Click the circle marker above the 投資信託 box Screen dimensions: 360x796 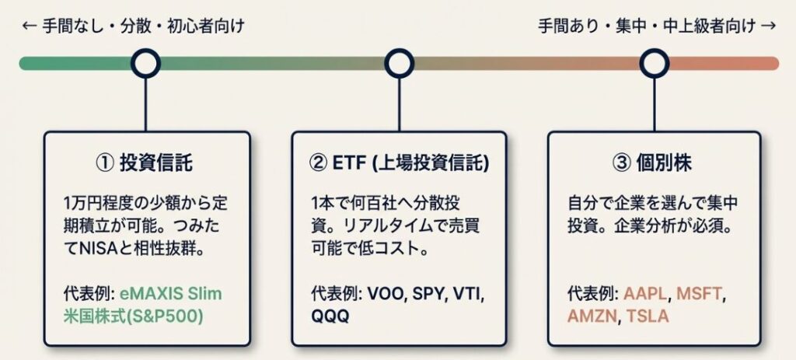(145, 63)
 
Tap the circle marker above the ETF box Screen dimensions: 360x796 (399, 63)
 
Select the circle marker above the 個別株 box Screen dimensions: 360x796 (653, 63)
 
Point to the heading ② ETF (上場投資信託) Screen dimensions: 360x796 (399, 163)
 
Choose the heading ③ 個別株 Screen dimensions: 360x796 (653, 163)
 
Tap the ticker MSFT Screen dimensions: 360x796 (699, 295)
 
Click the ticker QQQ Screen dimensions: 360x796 (330, 316)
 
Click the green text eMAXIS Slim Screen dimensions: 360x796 (169, 295)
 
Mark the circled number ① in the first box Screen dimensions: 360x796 (104, 163)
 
